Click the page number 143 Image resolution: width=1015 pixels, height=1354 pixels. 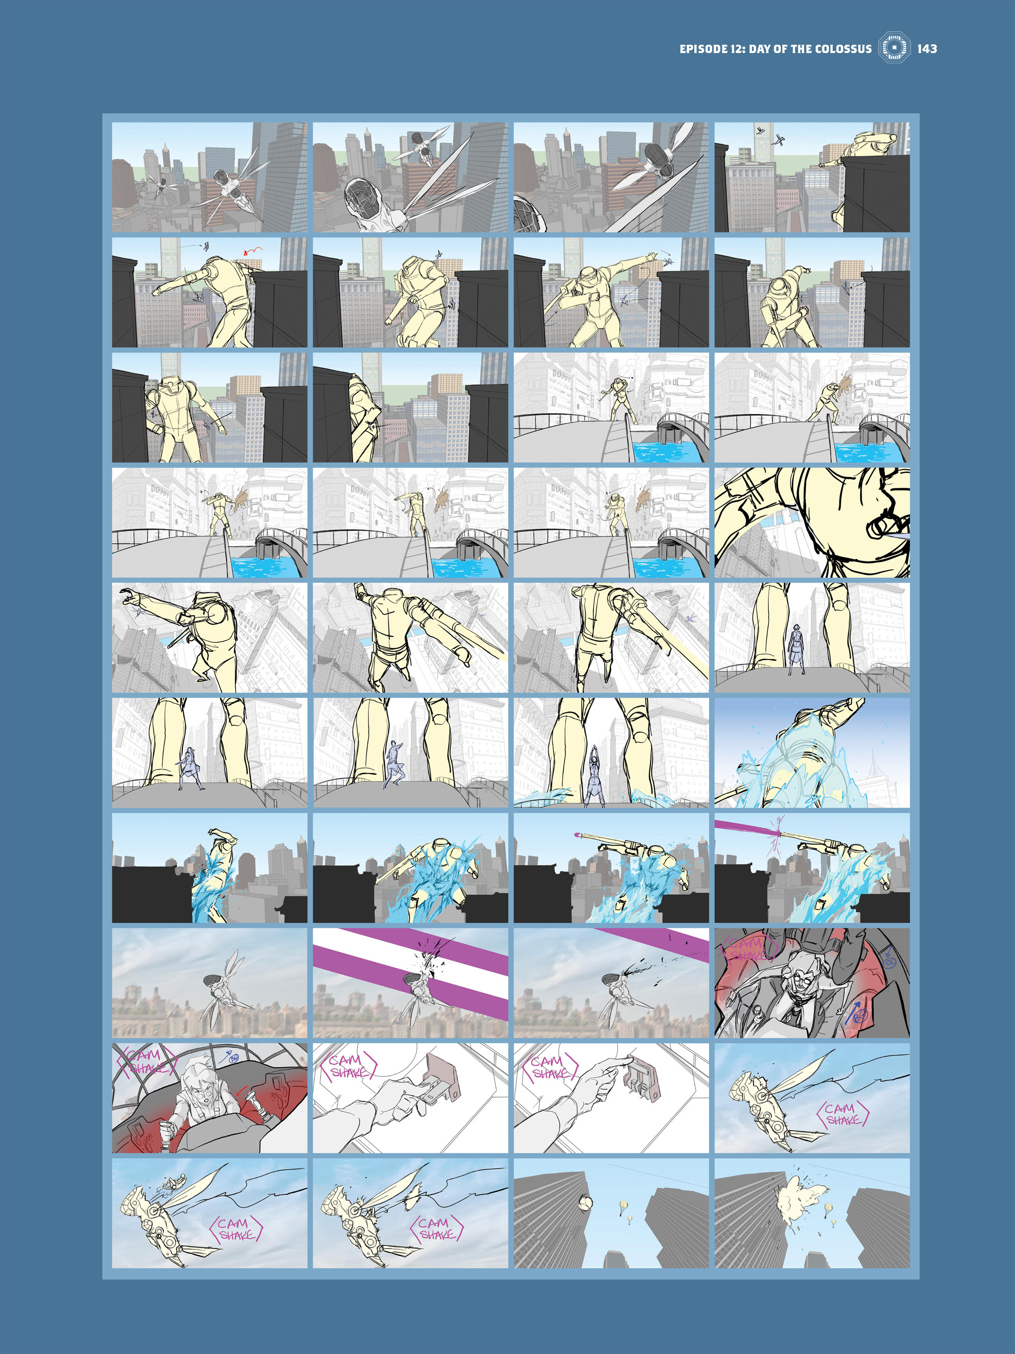926,49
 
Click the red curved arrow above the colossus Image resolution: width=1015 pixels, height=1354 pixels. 253,250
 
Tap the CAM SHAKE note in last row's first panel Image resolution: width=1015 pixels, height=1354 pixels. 236,1229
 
